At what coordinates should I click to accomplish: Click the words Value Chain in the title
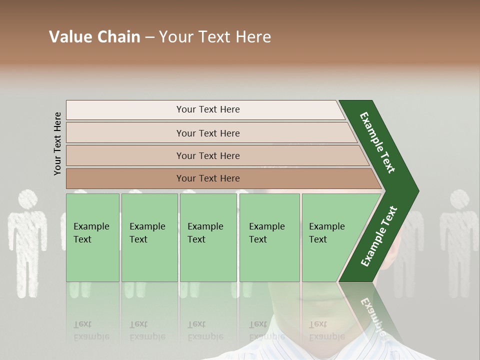coord(94,37)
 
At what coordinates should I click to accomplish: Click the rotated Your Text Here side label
coord(57,143)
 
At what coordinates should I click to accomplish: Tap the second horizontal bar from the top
coord(208,133)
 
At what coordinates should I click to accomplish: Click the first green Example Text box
coord(92,237)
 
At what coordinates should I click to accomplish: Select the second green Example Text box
coord(149,237)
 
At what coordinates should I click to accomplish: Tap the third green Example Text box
coord(208,237)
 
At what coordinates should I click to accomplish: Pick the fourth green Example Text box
coord(269,237)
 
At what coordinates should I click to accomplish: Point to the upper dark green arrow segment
coord(377,142)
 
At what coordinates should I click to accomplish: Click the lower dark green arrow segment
coord(378,237)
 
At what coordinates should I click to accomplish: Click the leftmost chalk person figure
coord(27,240)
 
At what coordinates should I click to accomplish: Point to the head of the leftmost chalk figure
coord(28,199)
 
